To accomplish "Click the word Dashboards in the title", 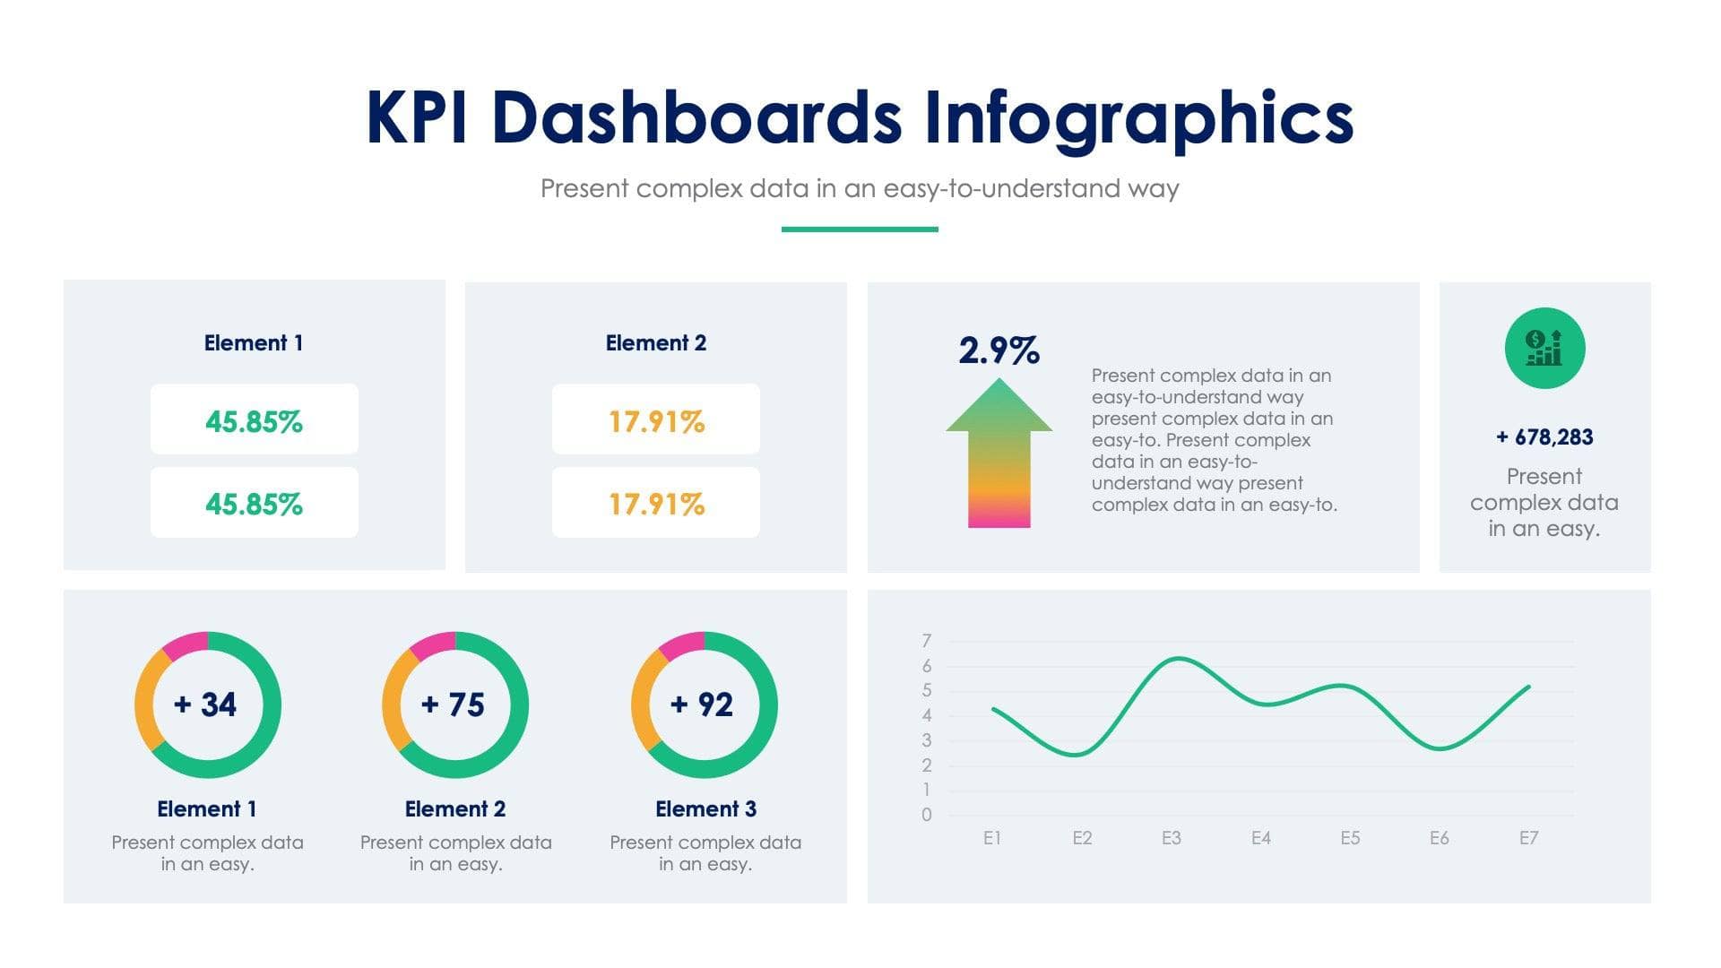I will click(x=696, y=117).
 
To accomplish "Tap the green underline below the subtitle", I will click(x=860, y=229).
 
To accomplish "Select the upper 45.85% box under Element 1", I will click(x=254, y=419).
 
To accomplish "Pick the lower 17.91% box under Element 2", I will click(x=655, y=503).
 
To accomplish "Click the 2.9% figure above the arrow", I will click(x=999, y=350).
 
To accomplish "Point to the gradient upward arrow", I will click(x=999, y=453).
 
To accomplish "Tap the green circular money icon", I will click(x=1544, y=348).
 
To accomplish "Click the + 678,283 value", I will click(x=1544, y=437).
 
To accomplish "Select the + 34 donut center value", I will click(x=206, y=704).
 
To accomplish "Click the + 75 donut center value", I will click(x=454, y=704).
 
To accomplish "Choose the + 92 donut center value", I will click(x=703, y=704).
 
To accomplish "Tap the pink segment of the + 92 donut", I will click(x=679, y=644).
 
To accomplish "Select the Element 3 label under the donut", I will click(x=705, y=808).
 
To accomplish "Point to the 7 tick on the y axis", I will click(x=926, y=641).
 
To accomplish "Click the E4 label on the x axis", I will click(x=1260, y=838).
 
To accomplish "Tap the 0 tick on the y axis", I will click(x=926, y=815).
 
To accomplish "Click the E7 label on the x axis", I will click(x=1528, y=838).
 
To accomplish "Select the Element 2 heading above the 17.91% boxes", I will click(x=655, y=342).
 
